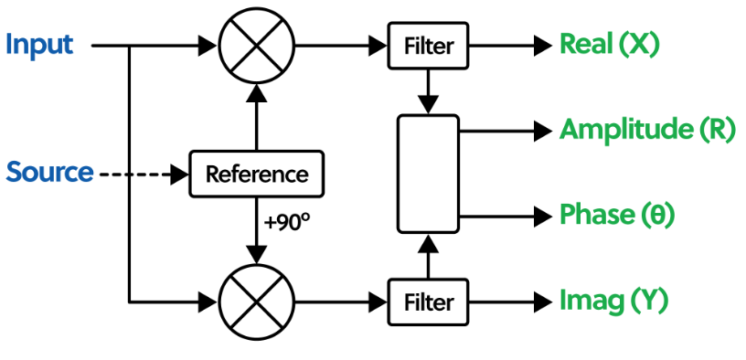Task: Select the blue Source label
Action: click(50, 172)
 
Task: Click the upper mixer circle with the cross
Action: click(256, 44)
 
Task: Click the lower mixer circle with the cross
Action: click(256, 300)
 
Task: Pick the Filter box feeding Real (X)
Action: click(429, 44)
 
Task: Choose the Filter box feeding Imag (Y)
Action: click(429, 300)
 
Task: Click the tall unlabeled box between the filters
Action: click(428, 174)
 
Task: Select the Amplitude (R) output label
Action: click(646, 131)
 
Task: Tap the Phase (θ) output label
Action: click(616, 216)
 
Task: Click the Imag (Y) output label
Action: click(613, 300)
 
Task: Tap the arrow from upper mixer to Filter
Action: click(338, 44)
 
